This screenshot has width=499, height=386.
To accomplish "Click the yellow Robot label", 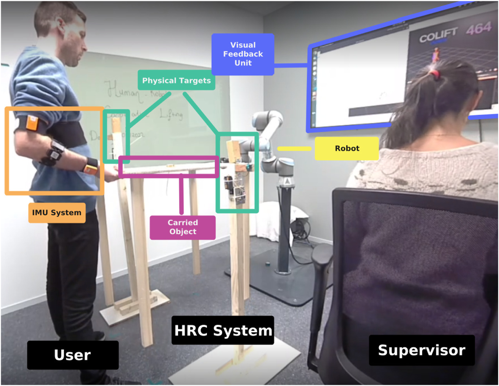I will [x=347, y=148].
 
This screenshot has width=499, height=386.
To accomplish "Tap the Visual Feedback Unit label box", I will [x=243, y=54].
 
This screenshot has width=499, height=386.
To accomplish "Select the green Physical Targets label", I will [x=176, y=80].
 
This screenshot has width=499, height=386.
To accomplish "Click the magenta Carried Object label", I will [x=183, y=227].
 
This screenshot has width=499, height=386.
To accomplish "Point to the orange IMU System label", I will [x=57, y=212].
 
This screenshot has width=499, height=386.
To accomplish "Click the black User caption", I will [x=72, y=355].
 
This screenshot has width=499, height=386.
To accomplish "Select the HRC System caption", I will [x=223, y=330].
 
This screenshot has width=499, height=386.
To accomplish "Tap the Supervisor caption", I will [x=421, y=350].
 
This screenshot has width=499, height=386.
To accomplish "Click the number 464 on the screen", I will [x=478, y=28].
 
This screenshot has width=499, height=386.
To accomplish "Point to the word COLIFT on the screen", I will [x=438, y=36].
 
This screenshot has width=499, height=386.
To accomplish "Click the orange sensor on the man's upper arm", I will [x=32, y=123].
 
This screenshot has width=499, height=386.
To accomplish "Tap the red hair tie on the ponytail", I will [x=436, y=74].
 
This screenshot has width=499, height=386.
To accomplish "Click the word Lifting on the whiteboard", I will [x=171, y=114].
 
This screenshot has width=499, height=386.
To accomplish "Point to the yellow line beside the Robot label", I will [x=294, y=148].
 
